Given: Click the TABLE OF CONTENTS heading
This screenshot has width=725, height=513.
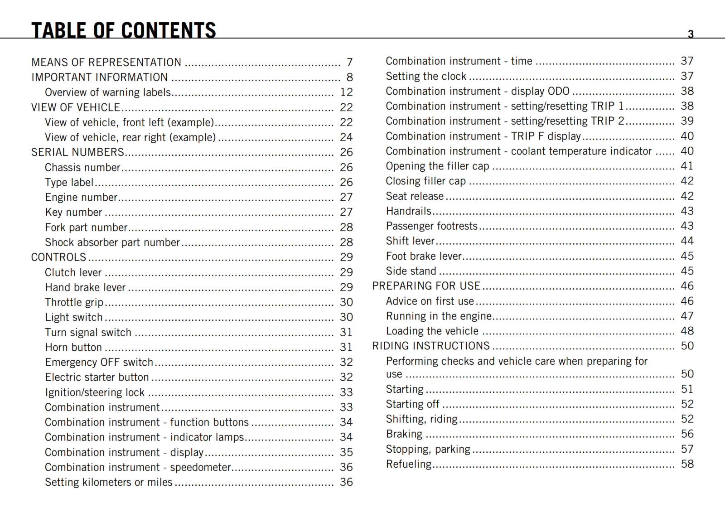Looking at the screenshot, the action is (x=123, y=30).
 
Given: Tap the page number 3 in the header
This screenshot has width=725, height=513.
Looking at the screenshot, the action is (x=691, y=34).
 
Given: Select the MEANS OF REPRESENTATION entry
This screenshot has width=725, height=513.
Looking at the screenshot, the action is (x=106, y=62).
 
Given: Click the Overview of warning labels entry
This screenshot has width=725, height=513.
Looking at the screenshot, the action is (x=108, y=92).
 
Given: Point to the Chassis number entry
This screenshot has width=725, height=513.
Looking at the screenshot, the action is (x=82, y=167).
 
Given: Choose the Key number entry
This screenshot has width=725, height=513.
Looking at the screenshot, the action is (x=73, y=212).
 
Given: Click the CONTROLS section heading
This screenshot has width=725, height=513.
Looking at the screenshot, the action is (x=58, y=257).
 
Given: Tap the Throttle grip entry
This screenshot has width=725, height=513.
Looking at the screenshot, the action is (x=74, y=302).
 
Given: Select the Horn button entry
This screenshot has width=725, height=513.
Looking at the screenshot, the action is (x=73, y=347).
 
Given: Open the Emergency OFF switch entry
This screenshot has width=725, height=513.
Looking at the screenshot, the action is (x=99, y=362).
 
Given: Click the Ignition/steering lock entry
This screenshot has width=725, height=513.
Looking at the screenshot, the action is (x=95, y=392).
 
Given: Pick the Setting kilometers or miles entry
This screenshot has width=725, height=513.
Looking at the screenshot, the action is (x=109, y=482).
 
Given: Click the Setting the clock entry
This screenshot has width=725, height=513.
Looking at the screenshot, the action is (x=426, y=76).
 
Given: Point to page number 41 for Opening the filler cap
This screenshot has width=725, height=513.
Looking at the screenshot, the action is (x=687, y=166).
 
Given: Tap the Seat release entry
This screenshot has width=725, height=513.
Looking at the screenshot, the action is (x=415, y=196).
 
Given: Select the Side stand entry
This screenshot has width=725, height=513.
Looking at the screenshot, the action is (x=411, y=271).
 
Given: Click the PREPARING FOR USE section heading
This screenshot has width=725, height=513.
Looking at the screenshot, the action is (x=426, y=286).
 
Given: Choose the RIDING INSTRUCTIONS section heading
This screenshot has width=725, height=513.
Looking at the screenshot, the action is (x=431, y=346).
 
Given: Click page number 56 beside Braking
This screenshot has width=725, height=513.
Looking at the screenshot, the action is (x=687, y=434).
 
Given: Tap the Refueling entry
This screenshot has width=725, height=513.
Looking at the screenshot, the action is (x=409, y=464).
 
